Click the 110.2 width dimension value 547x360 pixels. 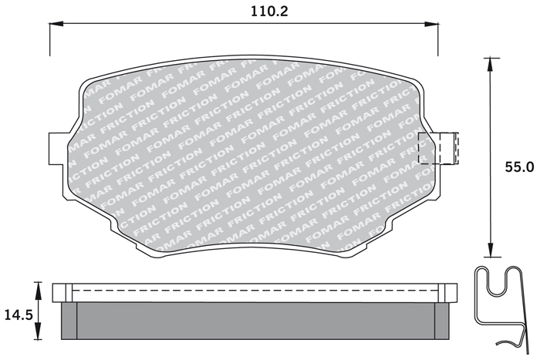[x=269, y=12]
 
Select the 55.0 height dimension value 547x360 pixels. [x=519, y=167]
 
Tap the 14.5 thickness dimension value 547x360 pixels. [x=19, y=315]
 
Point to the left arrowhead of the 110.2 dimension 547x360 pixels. [x=56, y=24]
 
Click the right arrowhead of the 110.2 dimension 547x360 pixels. [x=431, y=24]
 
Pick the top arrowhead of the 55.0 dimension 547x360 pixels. [x=490, y=65]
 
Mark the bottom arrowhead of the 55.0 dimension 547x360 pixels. [x=490, y=250]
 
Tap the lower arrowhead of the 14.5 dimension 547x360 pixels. [x=37, y=331]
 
